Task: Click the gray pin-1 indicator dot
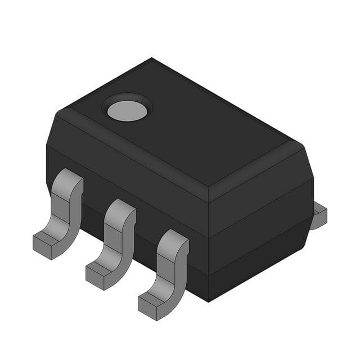(x=127, y=111)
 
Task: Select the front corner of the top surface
(x=208, y=186)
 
